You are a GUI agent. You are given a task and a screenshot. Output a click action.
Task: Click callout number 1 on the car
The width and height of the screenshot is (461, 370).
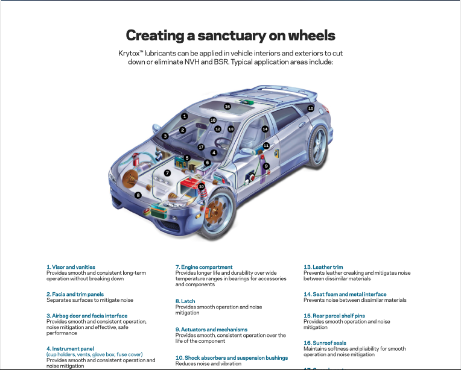point(185,116)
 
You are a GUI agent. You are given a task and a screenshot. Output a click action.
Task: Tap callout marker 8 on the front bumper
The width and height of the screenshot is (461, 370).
point(138,195)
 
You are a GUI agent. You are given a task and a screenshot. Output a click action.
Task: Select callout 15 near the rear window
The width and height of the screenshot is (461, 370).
point(311,108)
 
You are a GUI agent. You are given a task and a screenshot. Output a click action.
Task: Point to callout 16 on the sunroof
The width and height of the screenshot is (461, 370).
point(227,107)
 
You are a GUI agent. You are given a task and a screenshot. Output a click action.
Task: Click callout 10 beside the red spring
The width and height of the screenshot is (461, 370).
point(202,187)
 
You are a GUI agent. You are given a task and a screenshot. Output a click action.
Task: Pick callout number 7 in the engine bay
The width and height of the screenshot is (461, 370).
point(167,172)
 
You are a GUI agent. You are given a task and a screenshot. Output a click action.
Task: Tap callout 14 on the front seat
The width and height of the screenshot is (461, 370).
point(265,129)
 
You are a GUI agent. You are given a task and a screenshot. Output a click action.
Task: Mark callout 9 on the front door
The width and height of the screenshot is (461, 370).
point(266,166)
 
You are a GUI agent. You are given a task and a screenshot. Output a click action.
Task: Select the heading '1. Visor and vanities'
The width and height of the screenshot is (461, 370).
point(71,267)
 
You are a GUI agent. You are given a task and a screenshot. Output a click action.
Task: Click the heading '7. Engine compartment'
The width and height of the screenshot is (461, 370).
point(204,267)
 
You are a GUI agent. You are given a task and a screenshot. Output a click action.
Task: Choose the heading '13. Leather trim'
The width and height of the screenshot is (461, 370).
point(323,267)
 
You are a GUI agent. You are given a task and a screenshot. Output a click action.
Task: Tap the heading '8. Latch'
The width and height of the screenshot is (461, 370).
point(186,301)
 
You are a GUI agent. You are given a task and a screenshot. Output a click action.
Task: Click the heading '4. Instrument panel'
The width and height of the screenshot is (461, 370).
point(70,348)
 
